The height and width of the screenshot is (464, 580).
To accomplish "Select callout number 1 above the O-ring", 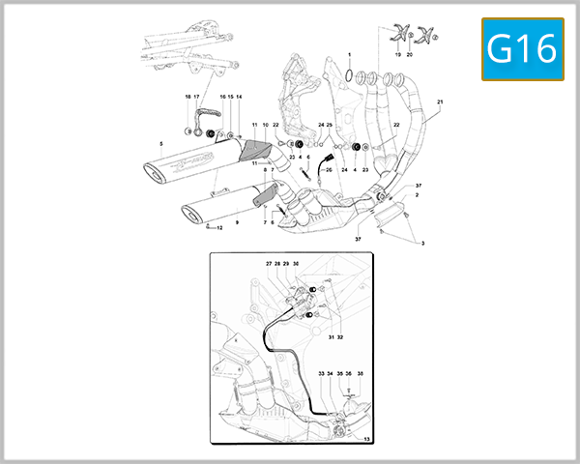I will pyautogui.click(x=349, y=55).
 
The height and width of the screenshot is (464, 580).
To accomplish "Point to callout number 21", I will pyautogui.click(x=440, y=102).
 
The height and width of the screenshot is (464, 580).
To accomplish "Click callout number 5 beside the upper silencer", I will pyautogui.click(x=160, y=144).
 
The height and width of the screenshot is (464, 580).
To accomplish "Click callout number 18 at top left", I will pyautogui.click(x=188, y=98).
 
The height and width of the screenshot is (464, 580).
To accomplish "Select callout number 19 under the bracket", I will pyautogui.click(x=397, y=57).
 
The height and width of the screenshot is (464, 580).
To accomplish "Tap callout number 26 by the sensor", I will pyautogui.click(x=329, y=169).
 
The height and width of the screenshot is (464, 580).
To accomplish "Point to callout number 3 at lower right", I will pyautogui.click(x=421, y=244).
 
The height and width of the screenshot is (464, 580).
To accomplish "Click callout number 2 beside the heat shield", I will pyautogui.click(x=417, y=195).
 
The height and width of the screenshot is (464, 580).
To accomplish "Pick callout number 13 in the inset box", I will pyautogui.click(x=366, y=439).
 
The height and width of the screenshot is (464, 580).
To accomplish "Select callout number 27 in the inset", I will pyautogui.click(x=269, y=263).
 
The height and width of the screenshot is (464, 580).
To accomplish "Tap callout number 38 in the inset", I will pyautogui.click(x=360, y=373).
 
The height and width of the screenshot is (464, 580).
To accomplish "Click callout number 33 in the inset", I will pyautogui.click(x=320, y=373).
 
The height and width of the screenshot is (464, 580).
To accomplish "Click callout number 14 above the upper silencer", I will pyautogui.click(x=240, y=98).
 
